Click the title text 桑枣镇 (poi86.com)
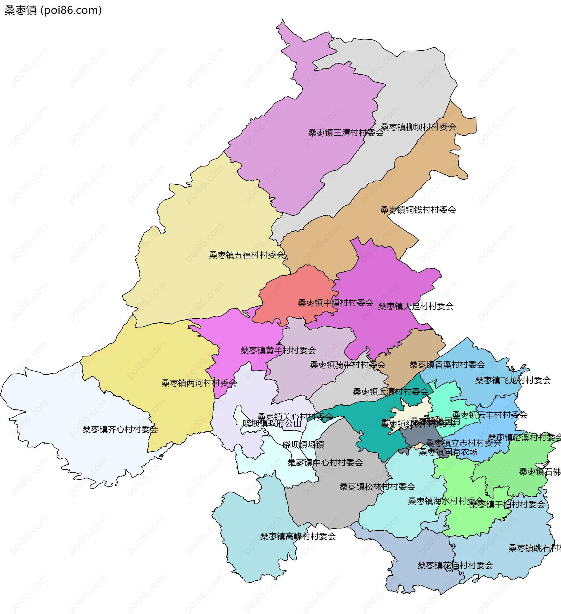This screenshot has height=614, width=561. pyautogui.click(x=53, y=10)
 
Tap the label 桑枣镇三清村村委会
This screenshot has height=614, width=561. pyautogui.click(x=346, y=133)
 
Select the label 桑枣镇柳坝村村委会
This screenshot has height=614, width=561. pyautogui.click(x=418, y=127)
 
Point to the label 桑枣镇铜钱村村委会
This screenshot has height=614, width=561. pyautogui.click(x=418, y=210)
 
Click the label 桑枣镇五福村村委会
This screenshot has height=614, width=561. pyautogui.click(x=247, y=255)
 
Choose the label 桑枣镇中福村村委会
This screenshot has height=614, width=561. pyautogui.click(x=335, y=303)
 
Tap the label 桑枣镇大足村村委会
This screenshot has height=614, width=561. pyautogui.click(x=415, y=306)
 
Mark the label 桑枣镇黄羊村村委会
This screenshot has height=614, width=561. pyautogui.click(x=278, y=350)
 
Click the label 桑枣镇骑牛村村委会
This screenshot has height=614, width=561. pyautogui.click(x=347, y=365)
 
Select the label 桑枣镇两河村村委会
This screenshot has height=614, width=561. pyautogui.click(x=199, y=383)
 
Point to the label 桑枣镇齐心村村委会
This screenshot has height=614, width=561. pyautogui.click(x=120, y=429)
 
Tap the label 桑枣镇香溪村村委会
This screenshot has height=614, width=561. pyautogui.click(x=447, y=365)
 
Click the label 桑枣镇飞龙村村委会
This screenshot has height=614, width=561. pyautogui.click(x=513, y=380)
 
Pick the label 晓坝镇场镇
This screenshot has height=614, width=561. pyautogui.click(x=303, y=445)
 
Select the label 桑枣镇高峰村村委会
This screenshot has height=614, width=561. pyautogui.click(x=298, y=536)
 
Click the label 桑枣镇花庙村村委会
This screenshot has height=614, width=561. pyautogui.click(x=455, y=566)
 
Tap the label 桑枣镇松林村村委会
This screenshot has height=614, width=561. pyautogui.click(x=377, y=487)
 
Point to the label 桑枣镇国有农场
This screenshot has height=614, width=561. pyautogui.click(x=448, y=452)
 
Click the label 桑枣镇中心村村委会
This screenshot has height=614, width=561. pyautogui.click(x=325, y=463)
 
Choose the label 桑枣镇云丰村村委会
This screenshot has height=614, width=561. pyautogui.click(x=489, y=415)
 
